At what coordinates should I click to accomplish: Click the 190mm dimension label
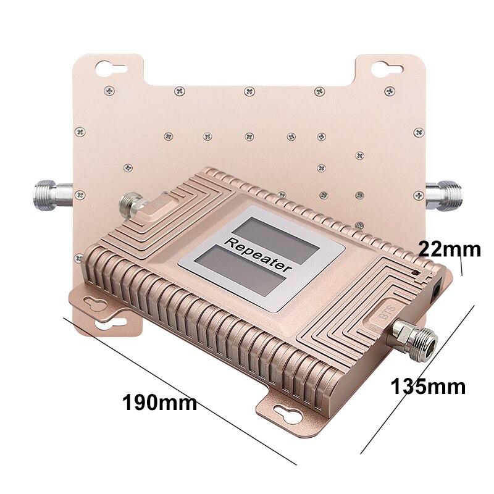pos(160,403)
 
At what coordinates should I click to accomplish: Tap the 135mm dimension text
pos(428,387)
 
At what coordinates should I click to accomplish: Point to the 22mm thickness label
pos(449,249)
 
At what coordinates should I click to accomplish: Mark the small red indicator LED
pos(415,272)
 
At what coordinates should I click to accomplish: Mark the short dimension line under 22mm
pos(461,266)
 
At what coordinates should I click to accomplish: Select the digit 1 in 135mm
pos(395,387)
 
